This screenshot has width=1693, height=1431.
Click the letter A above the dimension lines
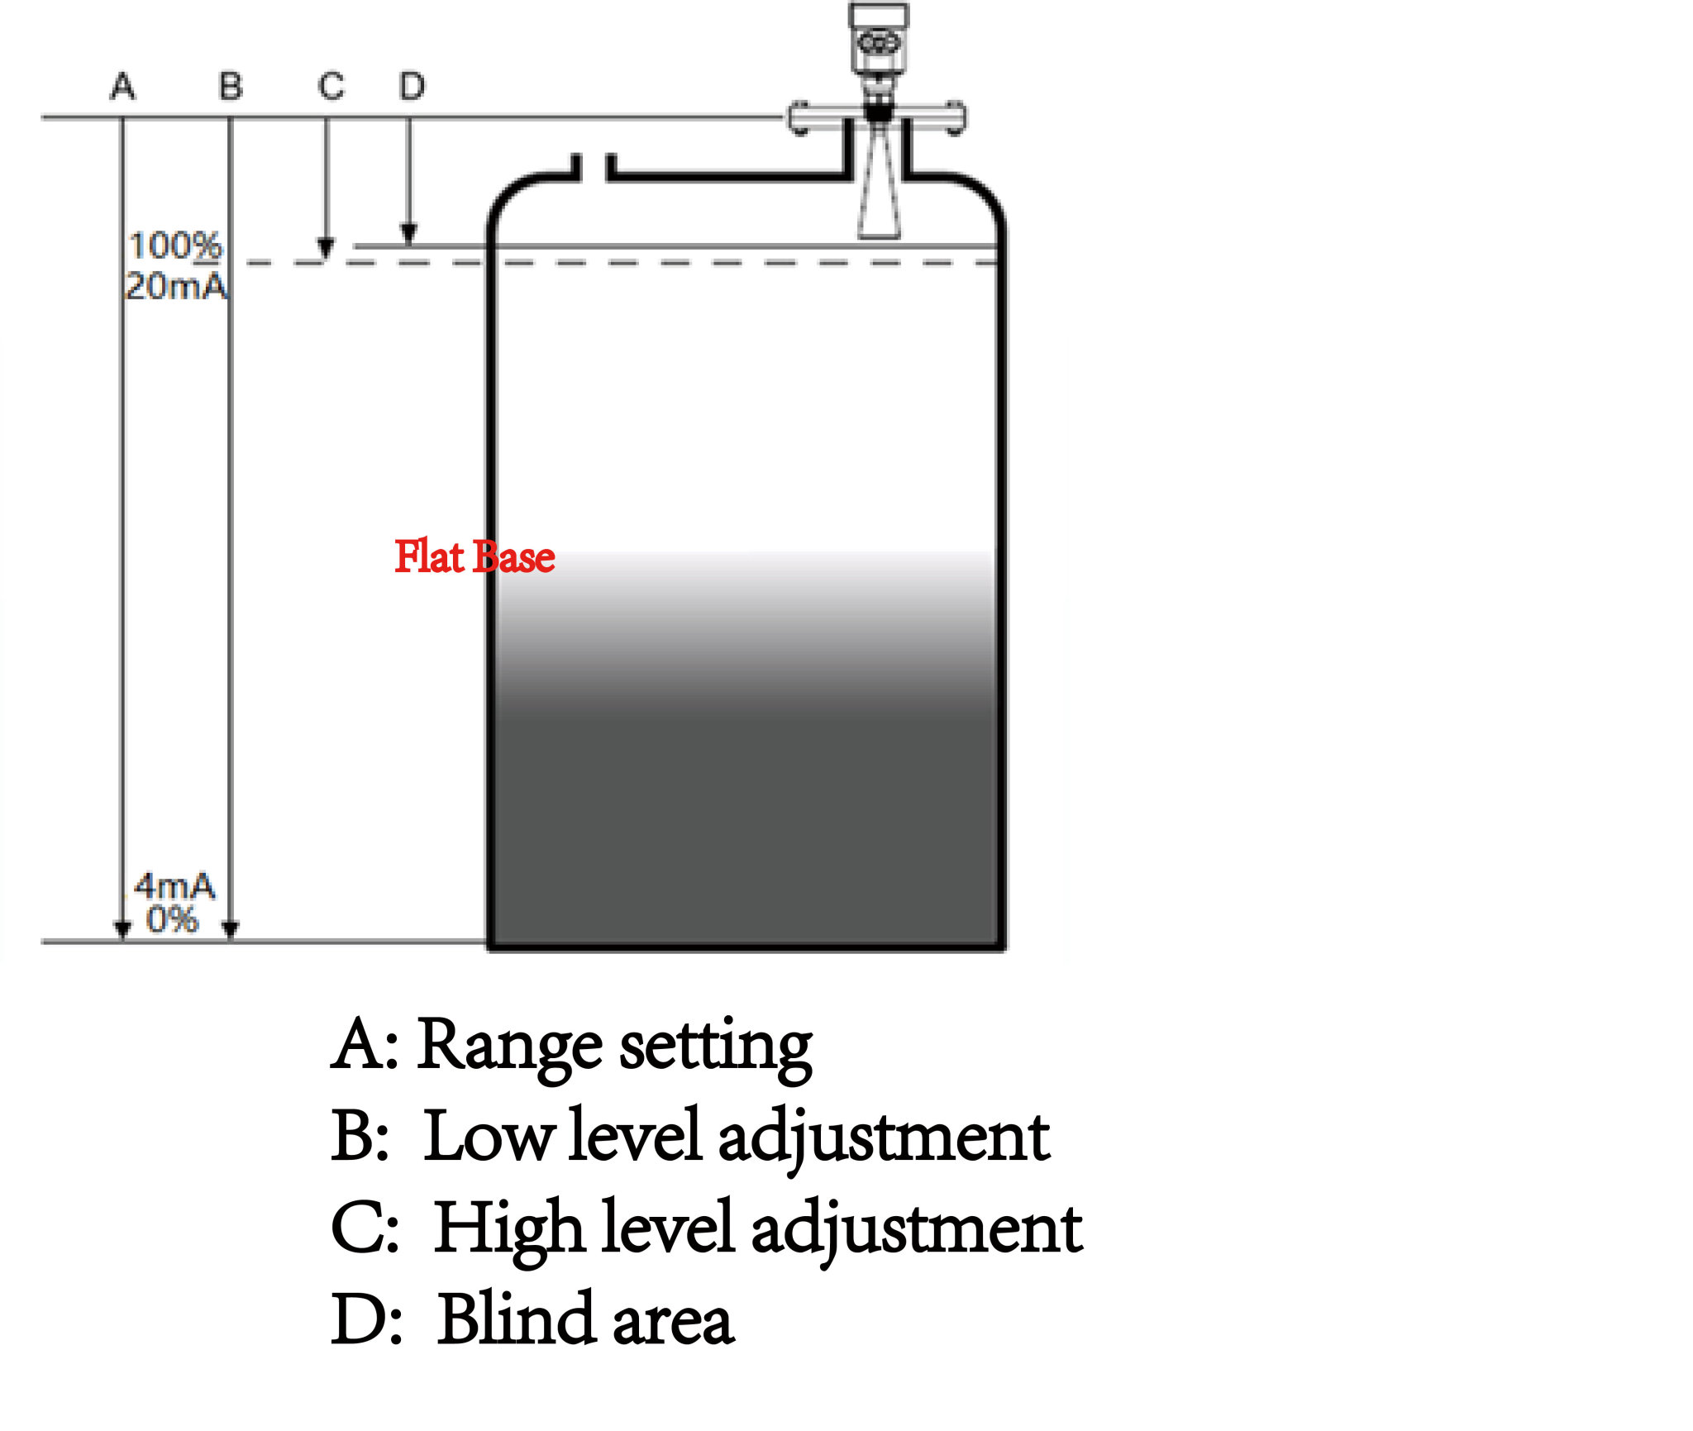point(122,86)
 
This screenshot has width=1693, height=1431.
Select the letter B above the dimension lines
point(231,86)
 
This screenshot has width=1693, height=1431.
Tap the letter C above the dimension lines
point(331,86)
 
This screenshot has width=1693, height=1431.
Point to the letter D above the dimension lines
point(412,86)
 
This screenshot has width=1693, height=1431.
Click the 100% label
point(175,246)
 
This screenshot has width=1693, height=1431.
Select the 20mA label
point(176,286)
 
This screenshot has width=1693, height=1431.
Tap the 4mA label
point(174,886)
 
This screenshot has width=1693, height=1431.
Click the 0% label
point(172,919)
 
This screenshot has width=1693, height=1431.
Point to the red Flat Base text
point(475,556)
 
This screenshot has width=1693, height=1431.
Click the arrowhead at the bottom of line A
point(123,929)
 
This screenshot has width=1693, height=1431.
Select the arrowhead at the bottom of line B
point(231,929)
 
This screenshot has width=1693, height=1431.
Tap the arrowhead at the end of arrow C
point(326,248)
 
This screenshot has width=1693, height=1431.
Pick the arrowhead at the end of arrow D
point(408,233)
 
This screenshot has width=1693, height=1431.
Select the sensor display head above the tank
point(879,37)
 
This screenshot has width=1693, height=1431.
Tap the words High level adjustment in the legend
point(759,1230)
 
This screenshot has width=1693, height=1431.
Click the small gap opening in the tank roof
point(594,168)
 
